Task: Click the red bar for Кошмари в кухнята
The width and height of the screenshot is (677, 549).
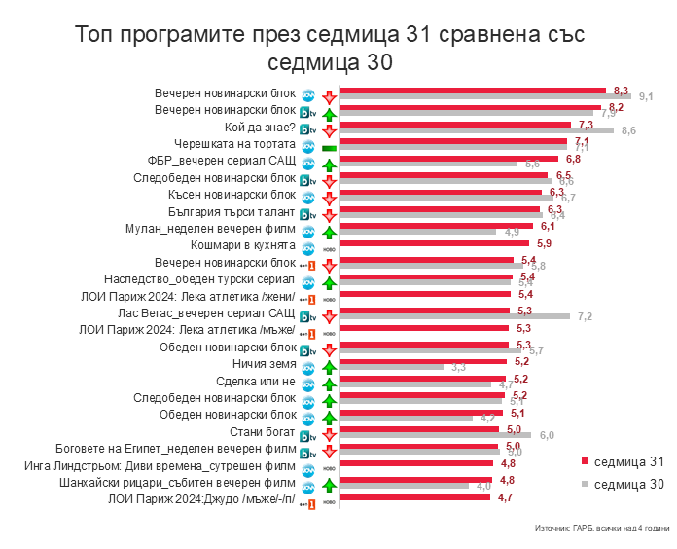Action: (434, 242)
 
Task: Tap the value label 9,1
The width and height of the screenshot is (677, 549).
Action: (645, 95)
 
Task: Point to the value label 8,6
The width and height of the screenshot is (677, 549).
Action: (628, 130)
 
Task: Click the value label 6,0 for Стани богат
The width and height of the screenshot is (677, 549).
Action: (547, 434)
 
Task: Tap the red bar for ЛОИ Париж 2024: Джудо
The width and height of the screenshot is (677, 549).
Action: (414, 496)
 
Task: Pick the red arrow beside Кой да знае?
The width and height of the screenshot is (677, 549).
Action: (329, 129)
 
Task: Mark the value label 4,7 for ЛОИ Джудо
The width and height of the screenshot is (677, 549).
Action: (505, 496)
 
